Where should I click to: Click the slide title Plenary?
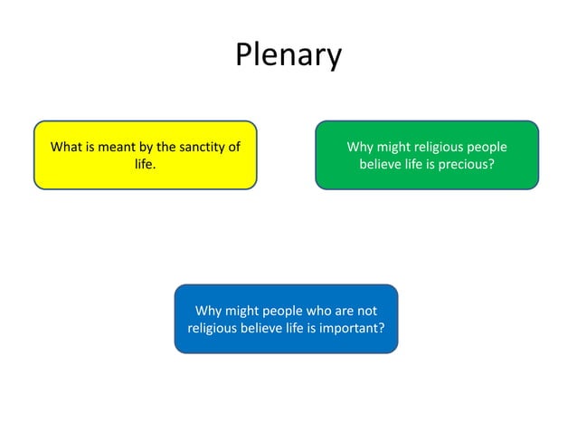tap(288, 55)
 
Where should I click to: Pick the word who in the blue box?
tap(317, 311)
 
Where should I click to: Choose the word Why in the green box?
tap(359, 147)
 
